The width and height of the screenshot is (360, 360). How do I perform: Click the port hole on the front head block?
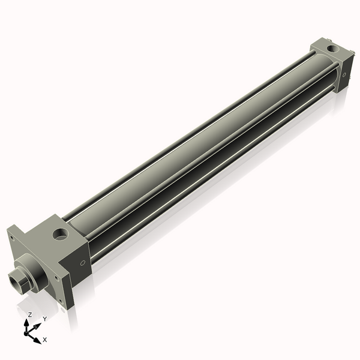point(61,233)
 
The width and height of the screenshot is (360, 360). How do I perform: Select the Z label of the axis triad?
point(29,314)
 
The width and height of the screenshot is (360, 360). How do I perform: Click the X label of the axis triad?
point(45,340)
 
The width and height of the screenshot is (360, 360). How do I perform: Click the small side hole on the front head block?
point(83,262)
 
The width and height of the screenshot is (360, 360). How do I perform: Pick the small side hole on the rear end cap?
point(344,74)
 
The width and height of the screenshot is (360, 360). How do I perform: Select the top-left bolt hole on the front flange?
point(11,237)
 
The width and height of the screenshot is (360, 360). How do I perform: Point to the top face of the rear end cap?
point(328,51)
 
